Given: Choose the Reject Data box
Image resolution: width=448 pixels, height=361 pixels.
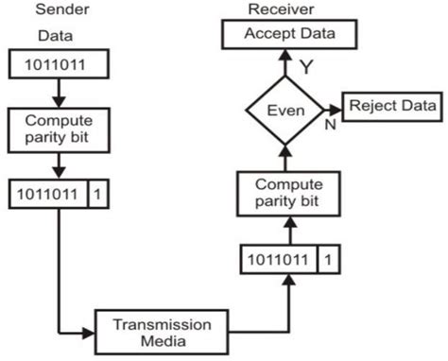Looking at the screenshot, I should coord(389,105).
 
